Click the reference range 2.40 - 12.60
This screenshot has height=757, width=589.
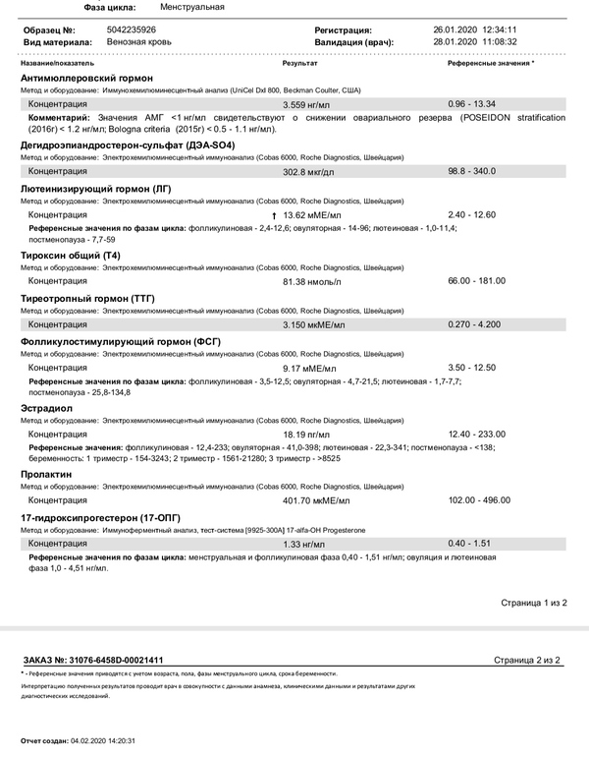pos(471,214)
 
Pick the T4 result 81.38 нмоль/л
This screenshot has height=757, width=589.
pos(312,281)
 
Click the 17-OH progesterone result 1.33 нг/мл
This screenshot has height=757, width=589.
pos(304,544)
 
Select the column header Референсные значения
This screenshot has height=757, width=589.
pos(489,62)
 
